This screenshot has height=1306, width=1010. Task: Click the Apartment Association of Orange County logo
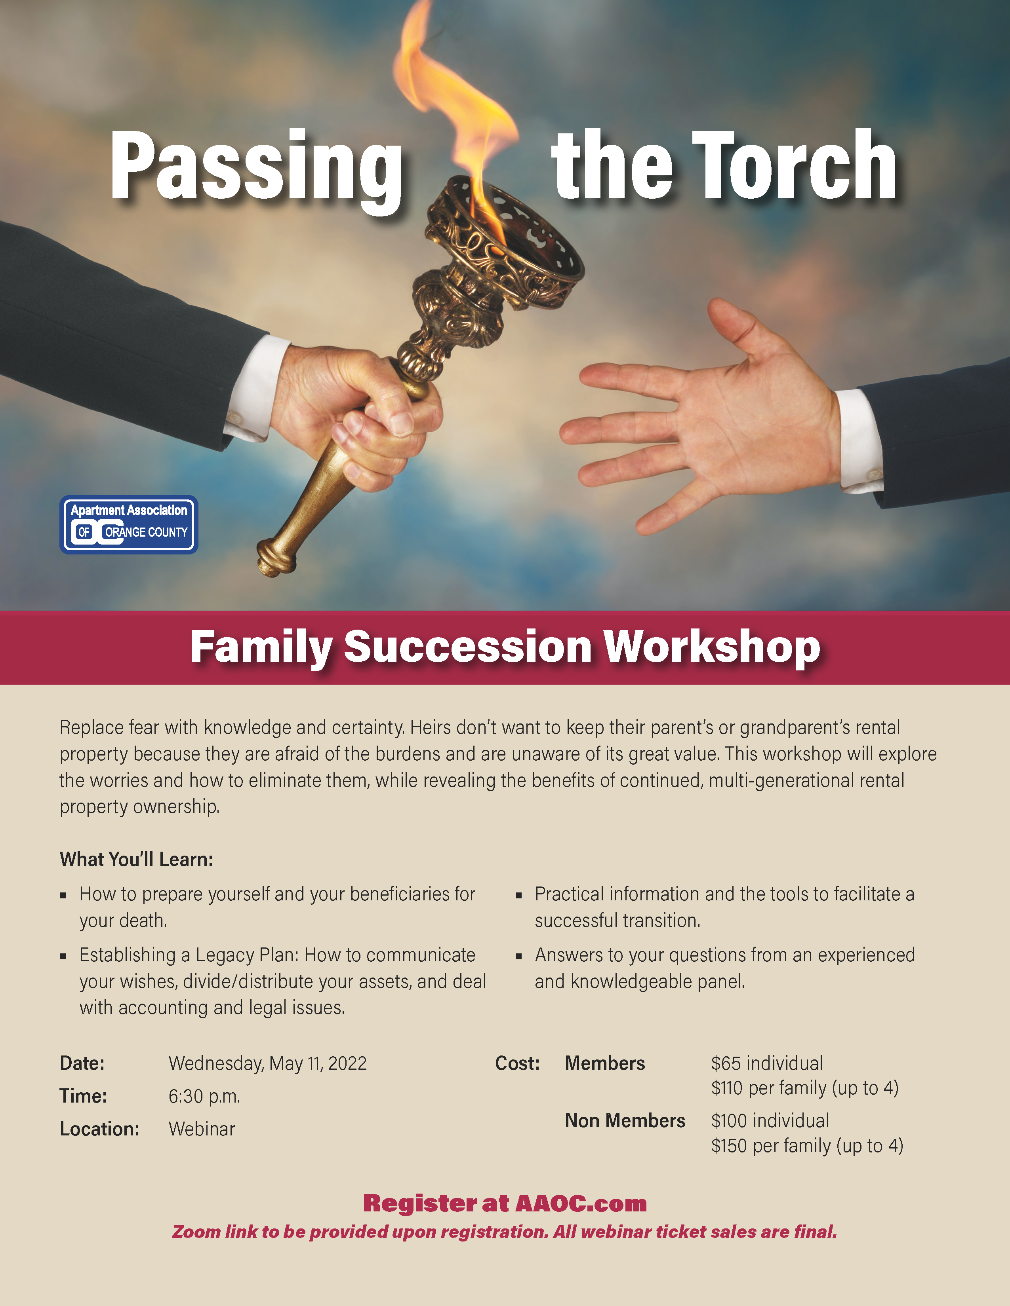click(x=129, y=524)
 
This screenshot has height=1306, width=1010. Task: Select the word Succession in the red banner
click(x=468, y=647)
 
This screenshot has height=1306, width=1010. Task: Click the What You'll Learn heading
click(x=136, y=859)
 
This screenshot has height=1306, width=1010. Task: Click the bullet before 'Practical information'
click(x=519, y=896)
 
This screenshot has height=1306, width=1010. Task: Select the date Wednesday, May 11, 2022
click(x=267, y=1063)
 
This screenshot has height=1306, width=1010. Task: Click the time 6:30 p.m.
click(x=204, y=1096)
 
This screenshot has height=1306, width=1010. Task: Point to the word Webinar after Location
click(x=202, y=1129)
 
